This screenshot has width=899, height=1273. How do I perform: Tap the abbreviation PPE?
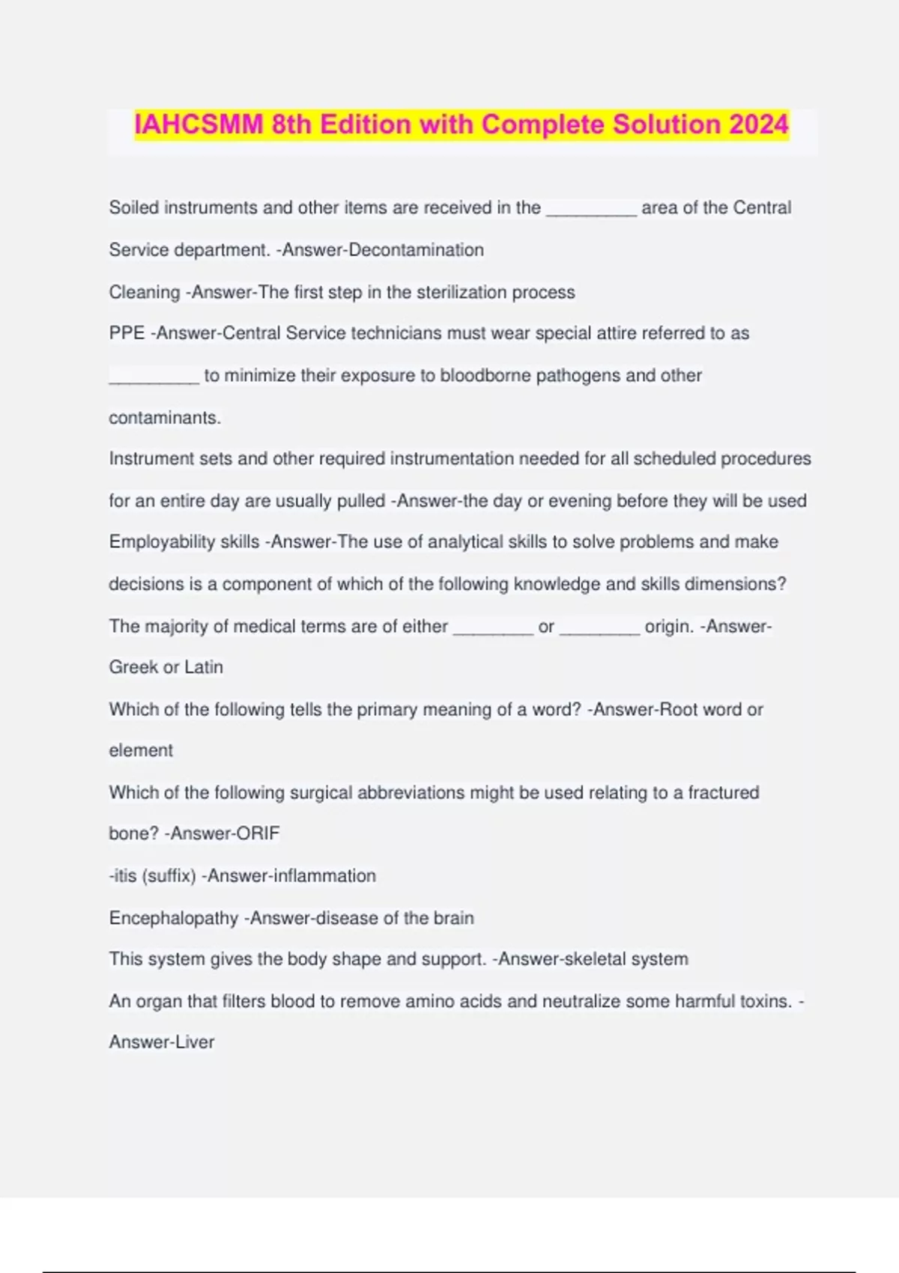(127, 333)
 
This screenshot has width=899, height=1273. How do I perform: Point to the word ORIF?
(257, 833)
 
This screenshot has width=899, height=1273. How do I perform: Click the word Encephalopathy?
(173, 918)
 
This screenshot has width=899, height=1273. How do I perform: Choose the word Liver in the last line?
(195, 1042)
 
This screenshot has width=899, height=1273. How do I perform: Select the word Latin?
(204, 667)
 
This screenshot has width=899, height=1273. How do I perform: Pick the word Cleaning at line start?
(144, 292)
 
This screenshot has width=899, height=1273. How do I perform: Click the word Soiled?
(133, 208)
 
